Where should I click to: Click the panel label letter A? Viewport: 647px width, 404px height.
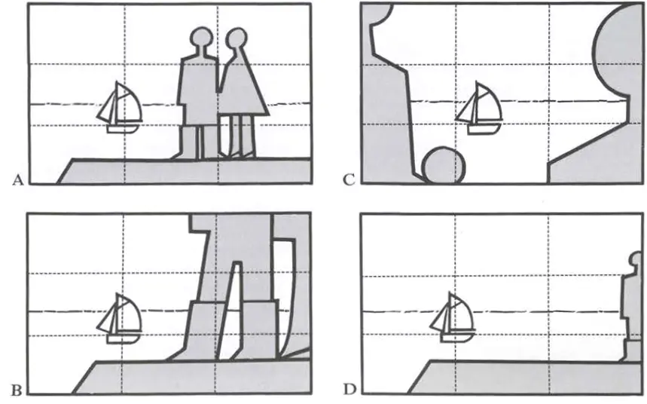pos(18,180)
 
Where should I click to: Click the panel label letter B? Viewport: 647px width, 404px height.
pos(17,390)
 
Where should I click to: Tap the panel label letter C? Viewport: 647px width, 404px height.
pos(349,180)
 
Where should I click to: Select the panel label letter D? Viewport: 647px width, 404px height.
pos(349,390)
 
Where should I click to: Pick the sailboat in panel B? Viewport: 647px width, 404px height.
pos(120,319)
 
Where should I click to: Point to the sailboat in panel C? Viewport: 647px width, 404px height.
pos(479,108)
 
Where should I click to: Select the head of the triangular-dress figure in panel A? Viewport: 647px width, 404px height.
pos(237,38)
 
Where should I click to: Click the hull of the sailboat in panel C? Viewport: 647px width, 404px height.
pos(483,130)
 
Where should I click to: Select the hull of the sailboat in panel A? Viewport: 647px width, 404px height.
pos(122,128)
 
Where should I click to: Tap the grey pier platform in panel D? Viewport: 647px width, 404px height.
pos(524,377)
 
